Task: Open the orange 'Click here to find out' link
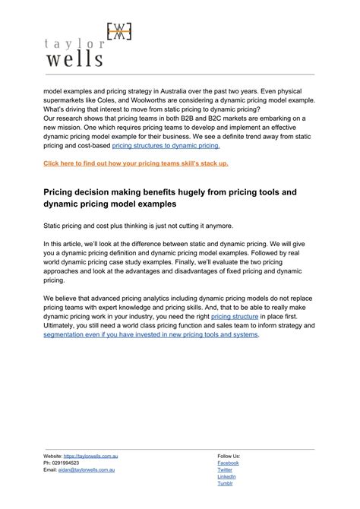(136, 163)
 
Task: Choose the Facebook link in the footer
(228, 463)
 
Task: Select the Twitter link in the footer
(226, 469)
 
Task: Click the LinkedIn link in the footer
(227, 476)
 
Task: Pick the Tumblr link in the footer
(226, 483)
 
